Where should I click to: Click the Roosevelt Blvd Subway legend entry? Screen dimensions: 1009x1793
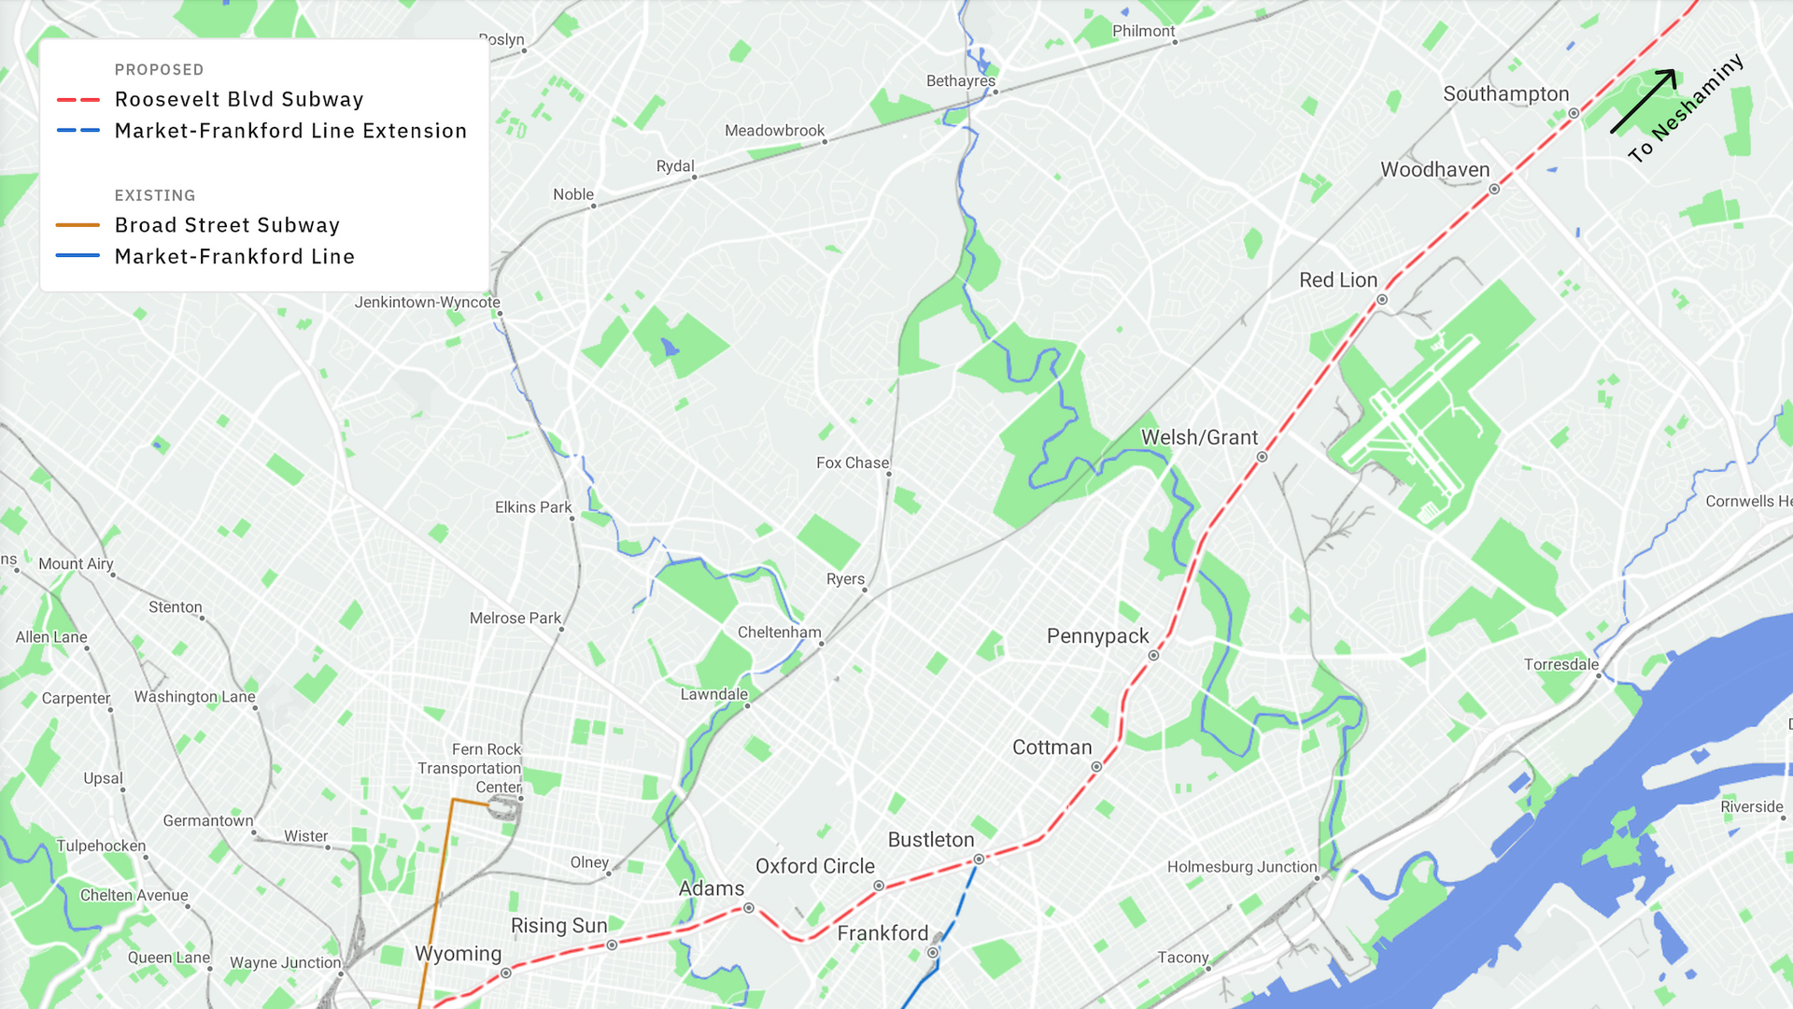239,100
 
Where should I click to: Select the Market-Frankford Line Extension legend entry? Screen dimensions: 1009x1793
290,131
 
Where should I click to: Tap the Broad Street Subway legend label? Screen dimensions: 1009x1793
227,225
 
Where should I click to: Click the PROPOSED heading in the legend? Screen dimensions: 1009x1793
159,70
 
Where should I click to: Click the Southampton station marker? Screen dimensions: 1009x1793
1574,113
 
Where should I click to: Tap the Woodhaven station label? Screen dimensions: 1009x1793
1435,170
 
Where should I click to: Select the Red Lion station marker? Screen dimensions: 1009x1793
1382,300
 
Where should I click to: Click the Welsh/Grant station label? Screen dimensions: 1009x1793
1199,437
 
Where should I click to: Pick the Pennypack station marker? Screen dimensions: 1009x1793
1153,656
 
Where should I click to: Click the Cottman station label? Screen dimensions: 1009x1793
1052,747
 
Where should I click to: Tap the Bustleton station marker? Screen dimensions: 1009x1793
979,860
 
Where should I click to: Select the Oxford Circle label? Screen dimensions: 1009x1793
814,866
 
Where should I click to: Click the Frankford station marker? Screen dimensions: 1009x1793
932,953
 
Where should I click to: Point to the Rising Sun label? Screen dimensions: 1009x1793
558,926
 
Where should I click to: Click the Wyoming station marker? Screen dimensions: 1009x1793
506,973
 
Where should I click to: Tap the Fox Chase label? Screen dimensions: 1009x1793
852,462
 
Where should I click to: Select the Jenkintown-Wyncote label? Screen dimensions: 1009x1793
427,303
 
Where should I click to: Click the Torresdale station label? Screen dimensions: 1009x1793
1560,664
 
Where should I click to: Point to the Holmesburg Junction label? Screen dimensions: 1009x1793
1241,867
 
